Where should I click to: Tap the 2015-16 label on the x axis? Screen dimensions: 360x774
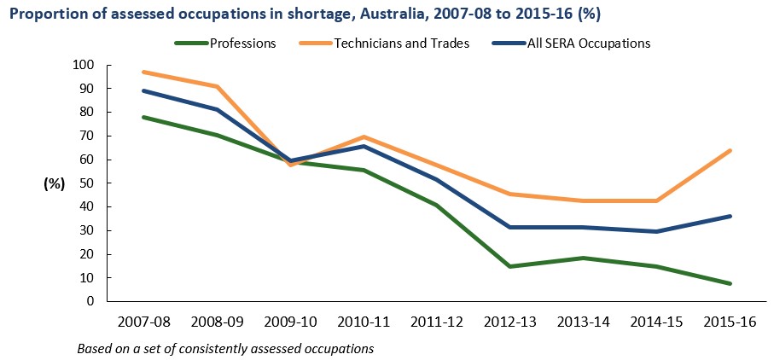pos(730,322)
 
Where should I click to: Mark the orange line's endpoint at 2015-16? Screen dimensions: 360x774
pos(730,151)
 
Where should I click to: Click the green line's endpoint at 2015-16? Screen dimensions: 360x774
pos(730,283)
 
